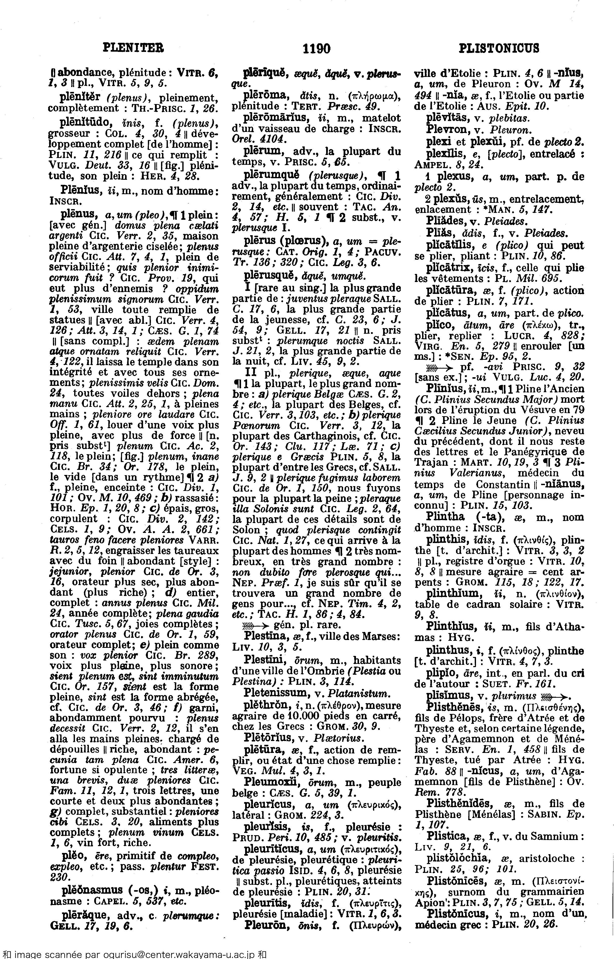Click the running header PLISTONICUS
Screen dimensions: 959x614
click(x=499, y=49)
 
